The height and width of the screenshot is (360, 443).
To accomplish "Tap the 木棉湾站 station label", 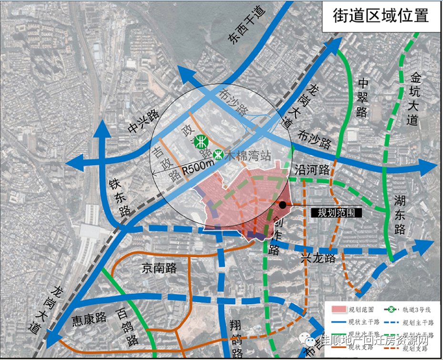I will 245,155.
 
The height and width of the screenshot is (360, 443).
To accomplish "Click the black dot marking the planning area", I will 282,205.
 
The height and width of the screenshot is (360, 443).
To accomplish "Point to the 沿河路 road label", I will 312,170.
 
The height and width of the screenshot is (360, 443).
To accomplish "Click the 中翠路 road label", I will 363,98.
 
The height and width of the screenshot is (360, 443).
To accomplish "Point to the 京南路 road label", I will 160,268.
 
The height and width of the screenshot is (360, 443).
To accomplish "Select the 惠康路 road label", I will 89,318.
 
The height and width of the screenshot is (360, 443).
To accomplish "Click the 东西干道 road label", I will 246,26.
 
